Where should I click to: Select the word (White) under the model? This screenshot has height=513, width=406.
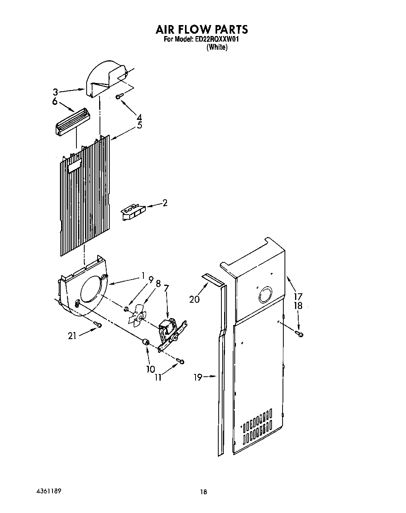pyautogui.click(x=217, y=47)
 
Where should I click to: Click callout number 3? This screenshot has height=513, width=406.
pyautogui.click(x=56, y=92)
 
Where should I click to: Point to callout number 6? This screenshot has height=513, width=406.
pyautogui.click(x=55, y=101)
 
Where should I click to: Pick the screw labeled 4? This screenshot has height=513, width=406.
pyautogui.click(x=119, y=96)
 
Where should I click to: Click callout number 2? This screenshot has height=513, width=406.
pyautogui.click(x=165, y=203)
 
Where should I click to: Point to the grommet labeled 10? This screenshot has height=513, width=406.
pyautogui.click(x=146, y=343)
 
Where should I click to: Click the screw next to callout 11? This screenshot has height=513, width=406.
pyautogui.click(x=180, y=361)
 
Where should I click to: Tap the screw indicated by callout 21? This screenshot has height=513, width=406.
pyautogui.click(x=98, y=325)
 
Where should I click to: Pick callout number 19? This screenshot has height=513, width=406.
pyautogui.click(x=198, y=377)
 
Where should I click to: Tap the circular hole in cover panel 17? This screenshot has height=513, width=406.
pyautogui.click(x=265, y=294)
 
